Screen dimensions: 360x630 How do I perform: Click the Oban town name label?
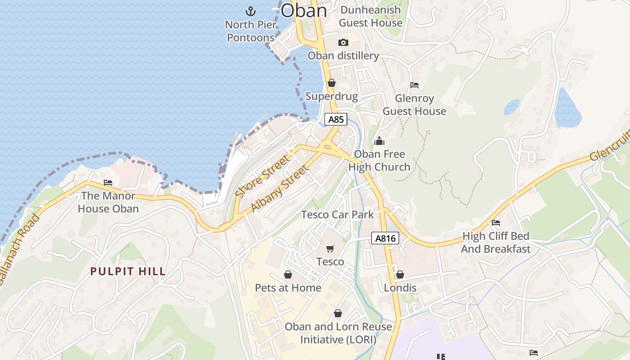[x=304, y=10]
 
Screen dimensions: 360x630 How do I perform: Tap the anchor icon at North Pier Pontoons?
[x=250, y=11]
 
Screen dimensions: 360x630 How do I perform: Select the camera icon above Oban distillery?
[x=343, y=42]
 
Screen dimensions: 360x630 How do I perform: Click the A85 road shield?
[x=336, y=119]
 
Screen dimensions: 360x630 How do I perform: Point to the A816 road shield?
[x=385, y=238]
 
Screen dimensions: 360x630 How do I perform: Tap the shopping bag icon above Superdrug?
[x=332, y=83]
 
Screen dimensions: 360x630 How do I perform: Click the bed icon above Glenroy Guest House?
[x=414, y=85]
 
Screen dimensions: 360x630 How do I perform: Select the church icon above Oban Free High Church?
[x=379, y=141]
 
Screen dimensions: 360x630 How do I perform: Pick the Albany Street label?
[x=280, y=189]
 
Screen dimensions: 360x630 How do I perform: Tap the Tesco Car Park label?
[x=337, y=214]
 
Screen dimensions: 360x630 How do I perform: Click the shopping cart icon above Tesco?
[x=330, y=248]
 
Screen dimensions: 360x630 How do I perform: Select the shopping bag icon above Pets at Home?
[x=288, y=274]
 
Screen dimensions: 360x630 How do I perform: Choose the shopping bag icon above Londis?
[x=400, y=274]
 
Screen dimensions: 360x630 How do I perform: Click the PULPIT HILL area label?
[x=128, y=271]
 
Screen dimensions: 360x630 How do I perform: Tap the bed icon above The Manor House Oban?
[x=108, y=182]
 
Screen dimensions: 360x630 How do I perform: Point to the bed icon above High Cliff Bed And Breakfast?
[x=496, y=222]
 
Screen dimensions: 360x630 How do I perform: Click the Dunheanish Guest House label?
[x=370, y=16]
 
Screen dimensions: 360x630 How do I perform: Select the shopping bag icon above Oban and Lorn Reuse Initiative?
[x=338, y=313]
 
